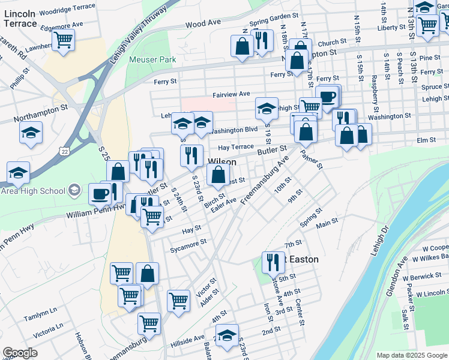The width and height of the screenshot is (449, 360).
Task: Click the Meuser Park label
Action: [x=152, y=59]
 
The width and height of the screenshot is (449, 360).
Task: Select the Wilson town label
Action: [x=221, y=162]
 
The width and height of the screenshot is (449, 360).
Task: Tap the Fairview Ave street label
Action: [x=231, y=94]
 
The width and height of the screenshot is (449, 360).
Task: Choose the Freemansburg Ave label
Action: [x=264, y=179]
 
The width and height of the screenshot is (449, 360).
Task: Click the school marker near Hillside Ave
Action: [x=227, y=335]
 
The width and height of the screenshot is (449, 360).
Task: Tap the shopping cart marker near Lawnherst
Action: [x=63, y=40]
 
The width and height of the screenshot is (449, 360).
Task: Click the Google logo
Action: [x=20, y=353]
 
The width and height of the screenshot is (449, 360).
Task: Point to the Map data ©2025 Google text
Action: [x=411, y=355]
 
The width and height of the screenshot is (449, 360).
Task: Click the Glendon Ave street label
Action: [x=400, y=270]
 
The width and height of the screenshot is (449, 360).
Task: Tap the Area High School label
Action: [x=32, y=191]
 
